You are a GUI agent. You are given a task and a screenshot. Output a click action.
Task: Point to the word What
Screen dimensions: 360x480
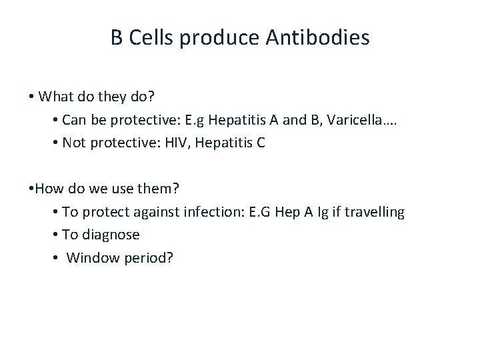pos(55,97)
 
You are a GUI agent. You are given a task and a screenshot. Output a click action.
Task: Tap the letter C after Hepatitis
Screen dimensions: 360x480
pos(261,143)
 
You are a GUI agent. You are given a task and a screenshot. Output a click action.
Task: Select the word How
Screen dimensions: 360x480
pos(49,189)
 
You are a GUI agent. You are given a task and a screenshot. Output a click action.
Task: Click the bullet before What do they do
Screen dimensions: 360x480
pos(32,97)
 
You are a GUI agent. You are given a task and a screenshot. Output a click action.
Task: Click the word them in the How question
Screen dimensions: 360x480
pos(158,189)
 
